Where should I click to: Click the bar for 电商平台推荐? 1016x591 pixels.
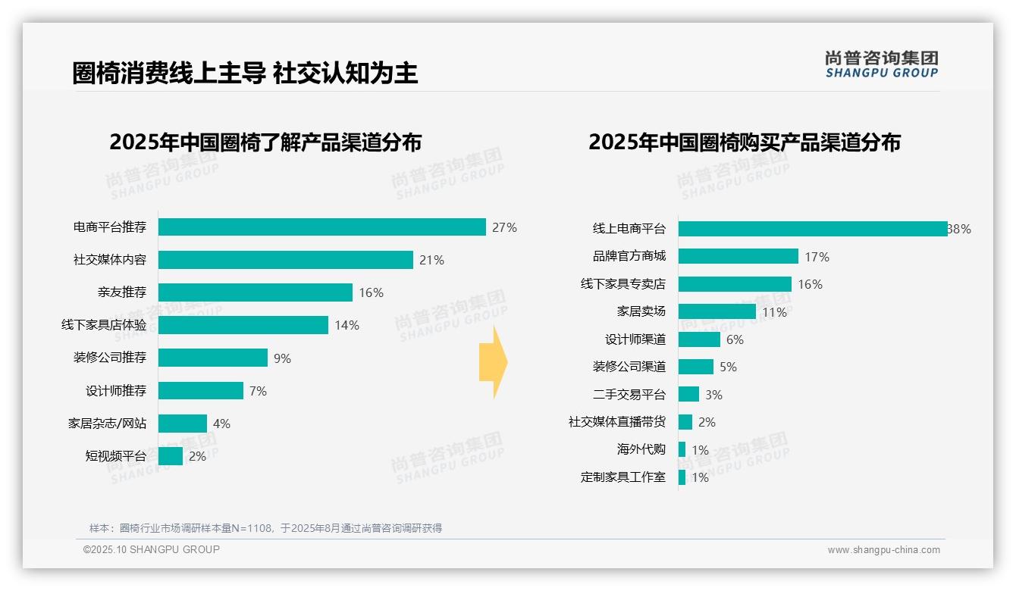(322, 227)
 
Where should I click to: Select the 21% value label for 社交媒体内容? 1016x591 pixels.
(431, 260)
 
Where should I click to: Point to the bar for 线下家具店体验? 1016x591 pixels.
(243, 325)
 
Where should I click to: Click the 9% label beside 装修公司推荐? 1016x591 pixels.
(282, 358)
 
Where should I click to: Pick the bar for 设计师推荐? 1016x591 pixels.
(201, 391)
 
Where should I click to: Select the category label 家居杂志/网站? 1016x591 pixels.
(107, 424)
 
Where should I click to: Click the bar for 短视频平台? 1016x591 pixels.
(171, 456)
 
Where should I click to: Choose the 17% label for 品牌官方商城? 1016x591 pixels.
(817, 257)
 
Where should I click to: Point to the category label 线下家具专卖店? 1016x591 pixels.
(622, 284)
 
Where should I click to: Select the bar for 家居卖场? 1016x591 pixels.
(717, 311)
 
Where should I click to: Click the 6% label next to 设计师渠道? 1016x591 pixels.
(735, 339)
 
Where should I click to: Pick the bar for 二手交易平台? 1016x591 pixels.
(688, 395)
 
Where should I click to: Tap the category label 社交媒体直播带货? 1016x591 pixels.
(616, 422)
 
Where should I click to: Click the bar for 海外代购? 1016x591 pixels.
(682, 449)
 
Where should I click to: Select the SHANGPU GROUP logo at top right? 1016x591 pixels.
(881, 64)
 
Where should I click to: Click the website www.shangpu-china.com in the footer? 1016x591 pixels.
(883, 550)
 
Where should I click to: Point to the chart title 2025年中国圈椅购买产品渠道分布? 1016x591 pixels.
(744, 142)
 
